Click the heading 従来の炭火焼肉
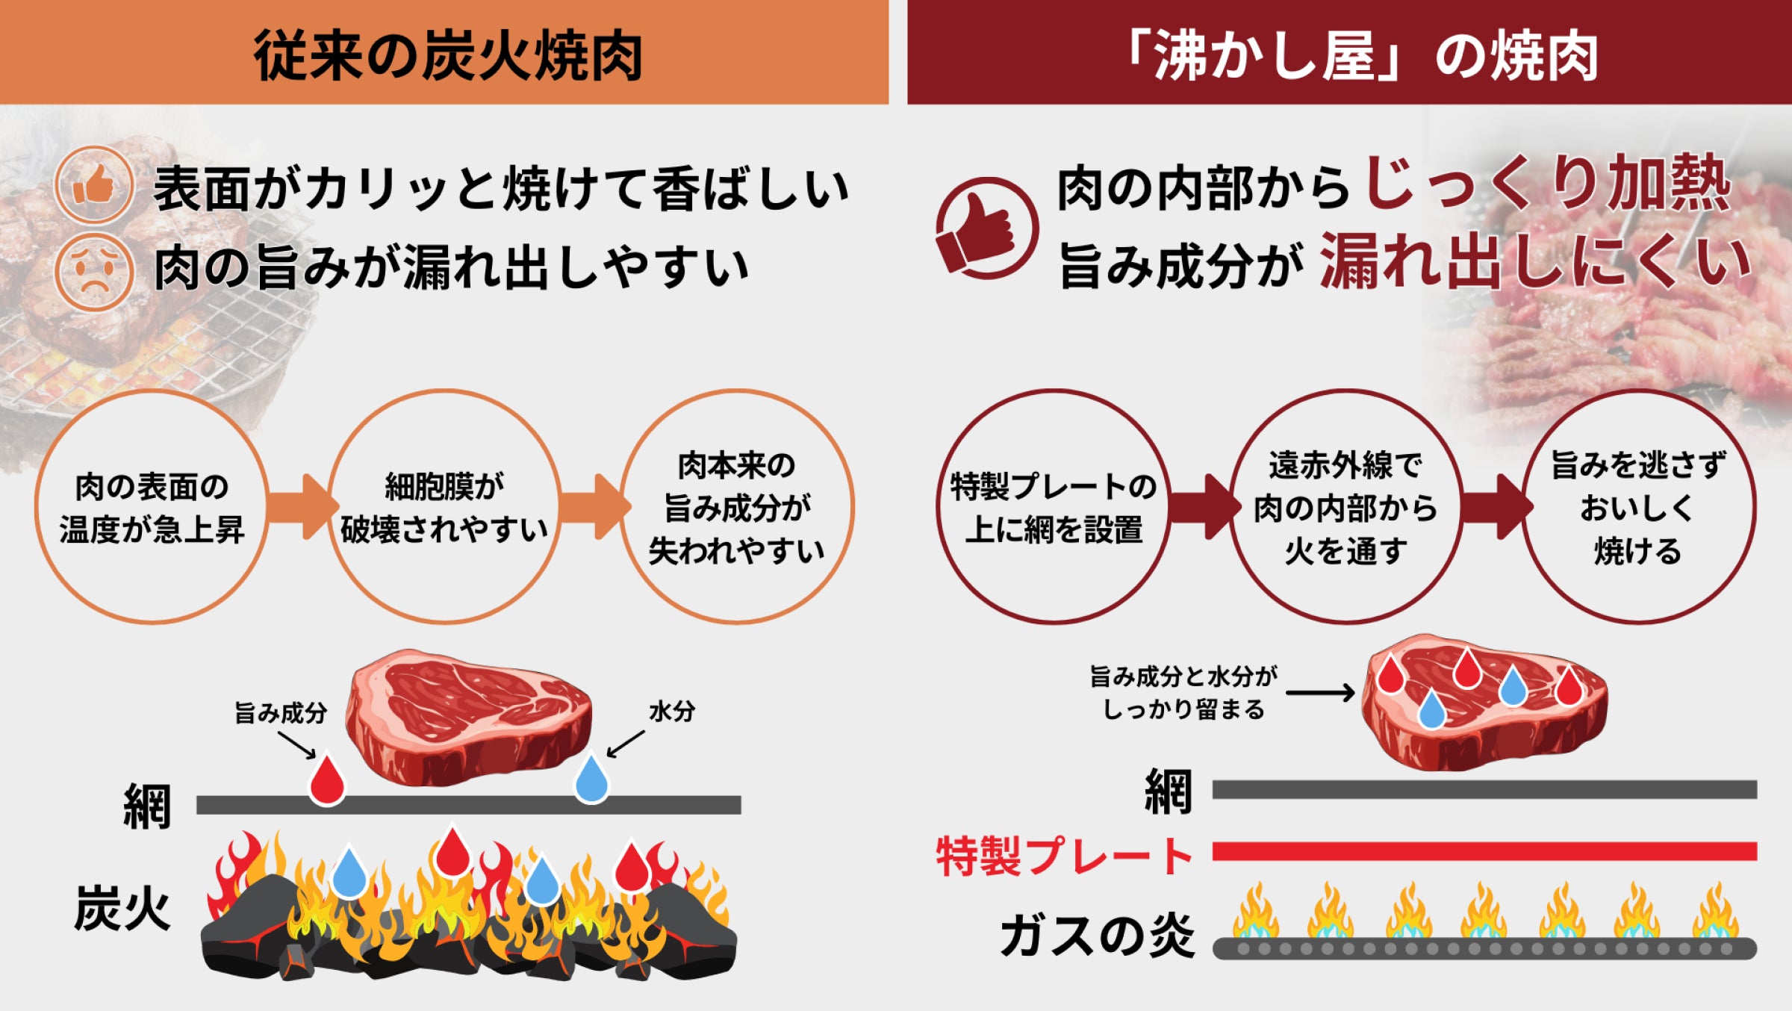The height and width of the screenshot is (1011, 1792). (448, 56)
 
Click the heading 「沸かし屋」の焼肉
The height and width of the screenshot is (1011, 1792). (1359, 56)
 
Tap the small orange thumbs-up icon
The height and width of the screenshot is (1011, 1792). (94, 185)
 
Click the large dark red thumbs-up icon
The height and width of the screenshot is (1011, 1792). (987, 228)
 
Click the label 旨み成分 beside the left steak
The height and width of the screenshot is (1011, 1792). (281, 713)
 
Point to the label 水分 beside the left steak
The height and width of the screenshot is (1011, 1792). (672, 711)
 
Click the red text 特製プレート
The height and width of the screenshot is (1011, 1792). (1065, 856)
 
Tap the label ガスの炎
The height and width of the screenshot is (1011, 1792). (1098, 935)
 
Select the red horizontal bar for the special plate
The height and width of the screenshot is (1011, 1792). (1484, 851)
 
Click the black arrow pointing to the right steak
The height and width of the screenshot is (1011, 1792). (1320, 693)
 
